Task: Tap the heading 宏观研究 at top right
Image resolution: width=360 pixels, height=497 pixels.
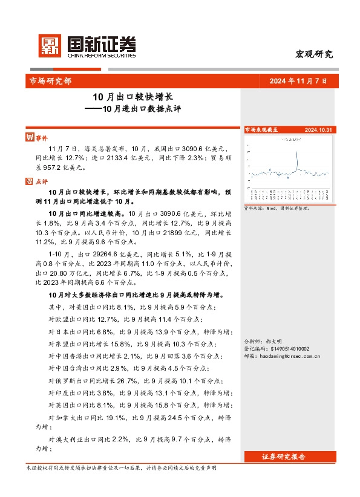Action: [314, 54]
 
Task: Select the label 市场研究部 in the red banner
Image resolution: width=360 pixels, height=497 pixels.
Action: [50, 81]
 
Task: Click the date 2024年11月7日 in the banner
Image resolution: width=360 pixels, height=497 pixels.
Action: [301, 81]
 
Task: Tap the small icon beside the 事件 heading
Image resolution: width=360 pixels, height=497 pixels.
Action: [28, 137]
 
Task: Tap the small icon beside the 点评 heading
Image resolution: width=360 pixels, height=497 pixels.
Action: [28, 180]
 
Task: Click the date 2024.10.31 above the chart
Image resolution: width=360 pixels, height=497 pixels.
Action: [317, 130]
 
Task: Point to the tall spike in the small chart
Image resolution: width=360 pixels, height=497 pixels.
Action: [296, 158]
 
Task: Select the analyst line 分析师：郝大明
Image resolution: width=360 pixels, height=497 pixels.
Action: [263, 342]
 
